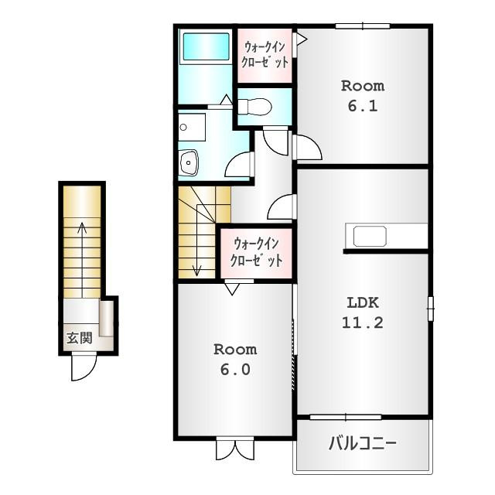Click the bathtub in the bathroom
click(207, 46)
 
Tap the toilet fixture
click(254, 107)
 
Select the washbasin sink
click(189, 162)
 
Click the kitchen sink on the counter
click(370, 236)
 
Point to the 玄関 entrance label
click(79, 339)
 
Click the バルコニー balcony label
click(363, 443)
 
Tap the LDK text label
click(363, 303)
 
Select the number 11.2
click(363, 323)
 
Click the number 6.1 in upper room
click(363, 106)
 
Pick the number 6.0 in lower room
click(235, 370)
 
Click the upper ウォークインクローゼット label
click(265, 55)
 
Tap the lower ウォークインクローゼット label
click(256, 253)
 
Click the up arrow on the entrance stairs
click(83, 260)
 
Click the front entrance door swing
click(84, 367)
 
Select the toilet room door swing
click(275, 141)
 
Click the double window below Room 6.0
click(235, 449)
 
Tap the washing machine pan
click(192, 128)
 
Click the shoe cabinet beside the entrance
click(107, 318)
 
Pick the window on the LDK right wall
click(431, 309)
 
